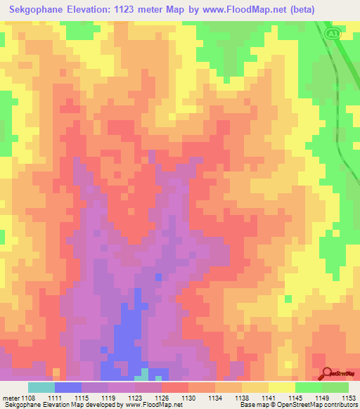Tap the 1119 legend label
click(x=108, y=398)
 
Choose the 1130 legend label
click(x=188, y=398)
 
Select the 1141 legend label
click(x=268, y=398)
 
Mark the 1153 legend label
click(x=348, y=398)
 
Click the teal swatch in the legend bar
click(x=41, y=387)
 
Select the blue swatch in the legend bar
click(x=68, y=387)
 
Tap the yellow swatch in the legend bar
click(x=281, y=387)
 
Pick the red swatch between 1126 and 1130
click(x=175, y=387)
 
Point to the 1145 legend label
click(x=295, y=398)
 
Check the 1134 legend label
click(x=214, y=398)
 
